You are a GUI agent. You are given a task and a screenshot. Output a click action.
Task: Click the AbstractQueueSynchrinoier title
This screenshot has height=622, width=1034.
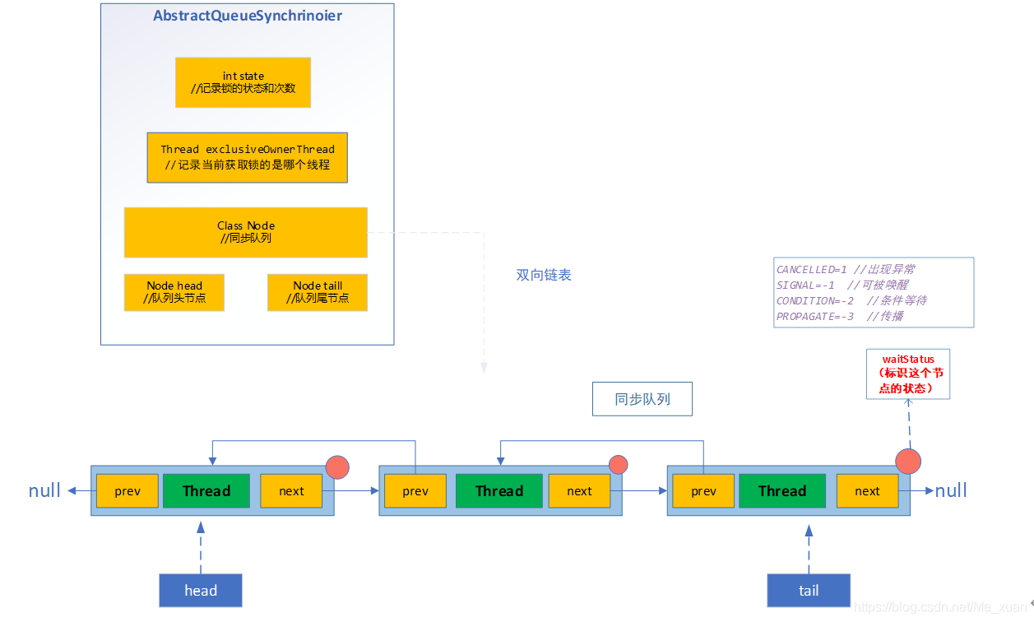tap(248, 16)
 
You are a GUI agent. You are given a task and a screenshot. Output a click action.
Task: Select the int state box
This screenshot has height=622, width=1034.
tap(243, 82)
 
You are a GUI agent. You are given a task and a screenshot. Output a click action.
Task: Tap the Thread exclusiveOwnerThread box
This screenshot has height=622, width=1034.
tap(247, 157)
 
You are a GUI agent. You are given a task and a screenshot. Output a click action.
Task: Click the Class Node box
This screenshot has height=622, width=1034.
tap(245, 232)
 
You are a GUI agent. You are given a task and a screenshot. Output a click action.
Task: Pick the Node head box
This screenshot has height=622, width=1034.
tap(174, 292)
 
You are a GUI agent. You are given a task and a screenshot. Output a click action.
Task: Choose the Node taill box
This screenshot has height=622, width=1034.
tap(317, 292)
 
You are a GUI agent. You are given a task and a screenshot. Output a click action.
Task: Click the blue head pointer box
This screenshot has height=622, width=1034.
tap(200, 590)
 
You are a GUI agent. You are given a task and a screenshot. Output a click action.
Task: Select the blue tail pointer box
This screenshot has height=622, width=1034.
tap(808, 590)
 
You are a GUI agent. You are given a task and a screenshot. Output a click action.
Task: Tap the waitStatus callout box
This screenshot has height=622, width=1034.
tap(907, 374)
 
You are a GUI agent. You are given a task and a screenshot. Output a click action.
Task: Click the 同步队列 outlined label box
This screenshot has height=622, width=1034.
tap(642, 399)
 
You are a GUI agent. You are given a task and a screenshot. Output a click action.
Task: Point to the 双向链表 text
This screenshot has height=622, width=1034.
tap(543, 275)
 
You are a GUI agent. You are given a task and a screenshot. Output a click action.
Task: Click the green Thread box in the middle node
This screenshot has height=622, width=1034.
tap(498, 491)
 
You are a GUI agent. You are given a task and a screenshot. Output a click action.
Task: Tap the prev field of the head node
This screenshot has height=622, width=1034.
tap(127, 491)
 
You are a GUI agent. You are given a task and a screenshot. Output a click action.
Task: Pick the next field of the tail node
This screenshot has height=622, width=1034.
tap(867, 491)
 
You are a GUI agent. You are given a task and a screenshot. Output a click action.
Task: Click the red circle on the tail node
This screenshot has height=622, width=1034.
tap(908, 461)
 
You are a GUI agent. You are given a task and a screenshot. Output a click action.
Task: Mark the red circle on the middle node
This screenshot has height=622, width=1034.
tap(618, 465)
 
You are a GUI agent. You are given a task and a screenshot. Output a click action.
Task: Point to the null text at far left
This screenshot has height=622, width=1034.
tap(44, 491)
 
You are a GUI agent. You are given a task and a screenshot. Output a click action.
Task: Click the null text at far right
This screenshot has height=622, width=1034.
tap(951, 491)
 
